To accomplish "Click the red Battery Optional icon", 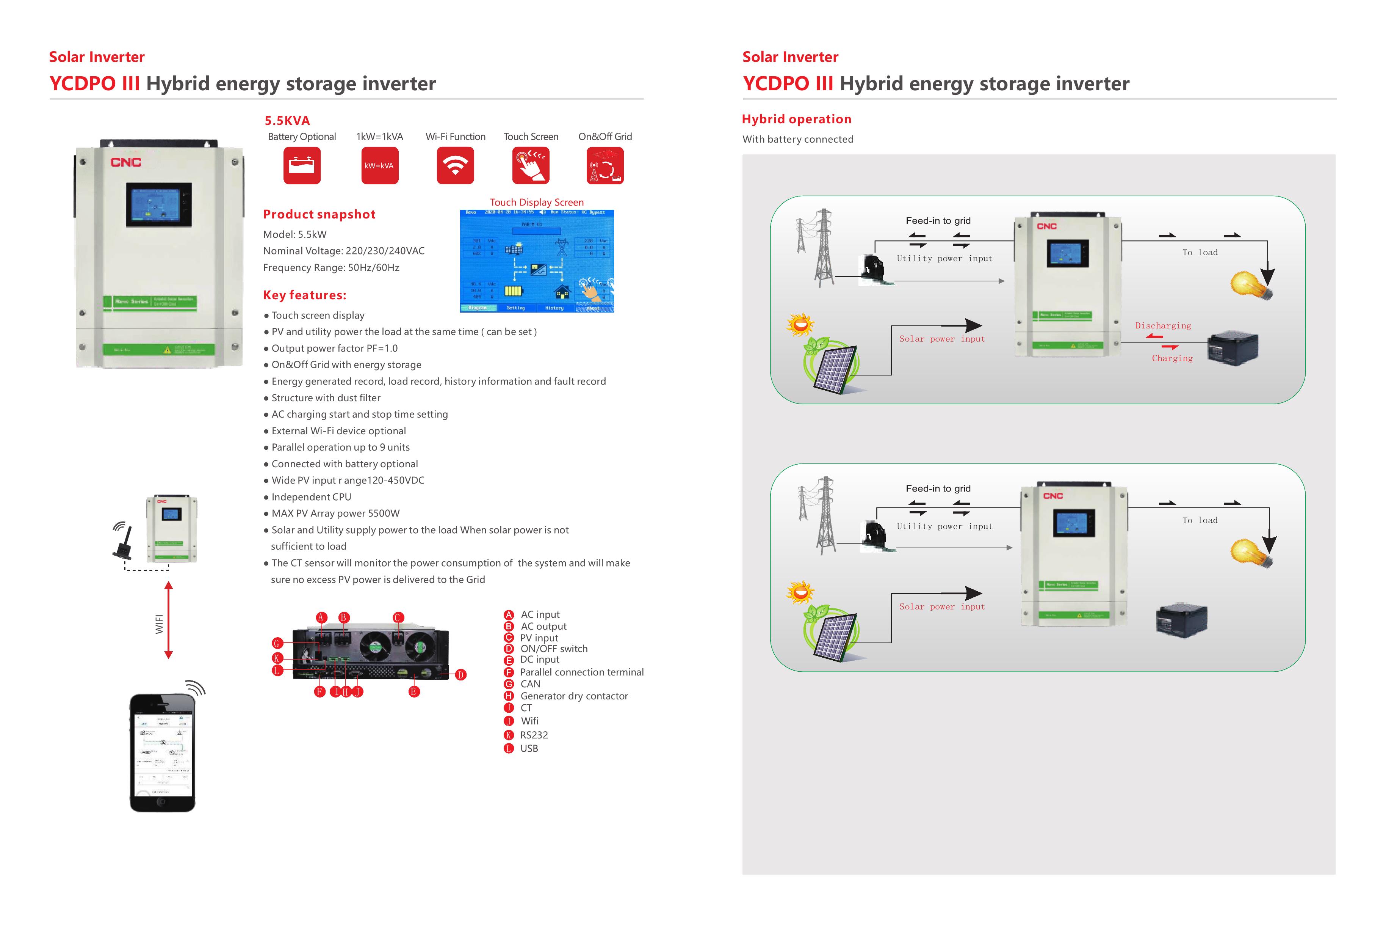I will pos(302,166).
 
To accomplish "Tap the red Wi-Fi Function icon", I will pos(455,166).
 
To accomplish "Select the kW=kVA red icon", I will pos(379,166).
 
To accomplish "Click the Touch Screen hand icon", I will pos(530,166).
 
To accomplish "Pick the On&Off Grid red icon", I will pos(605,166).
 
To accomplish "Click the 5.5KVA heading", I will pos(287,121).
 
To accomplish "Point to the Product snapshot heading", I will pos(319,214).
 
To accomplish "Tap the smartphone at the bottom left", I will pos(162,752).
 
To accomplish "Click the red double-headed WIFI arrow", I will pos(169,620).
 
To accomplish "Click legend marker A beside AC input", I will pos(509,614).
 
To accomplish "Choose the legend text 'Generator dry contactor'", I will pos(574,696).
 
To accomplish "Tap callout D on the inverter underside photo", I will pos(460,675).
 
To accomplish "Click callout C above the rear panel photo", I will pos(398,617).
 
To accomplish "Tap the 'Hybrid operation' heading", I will pos(796,119).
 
